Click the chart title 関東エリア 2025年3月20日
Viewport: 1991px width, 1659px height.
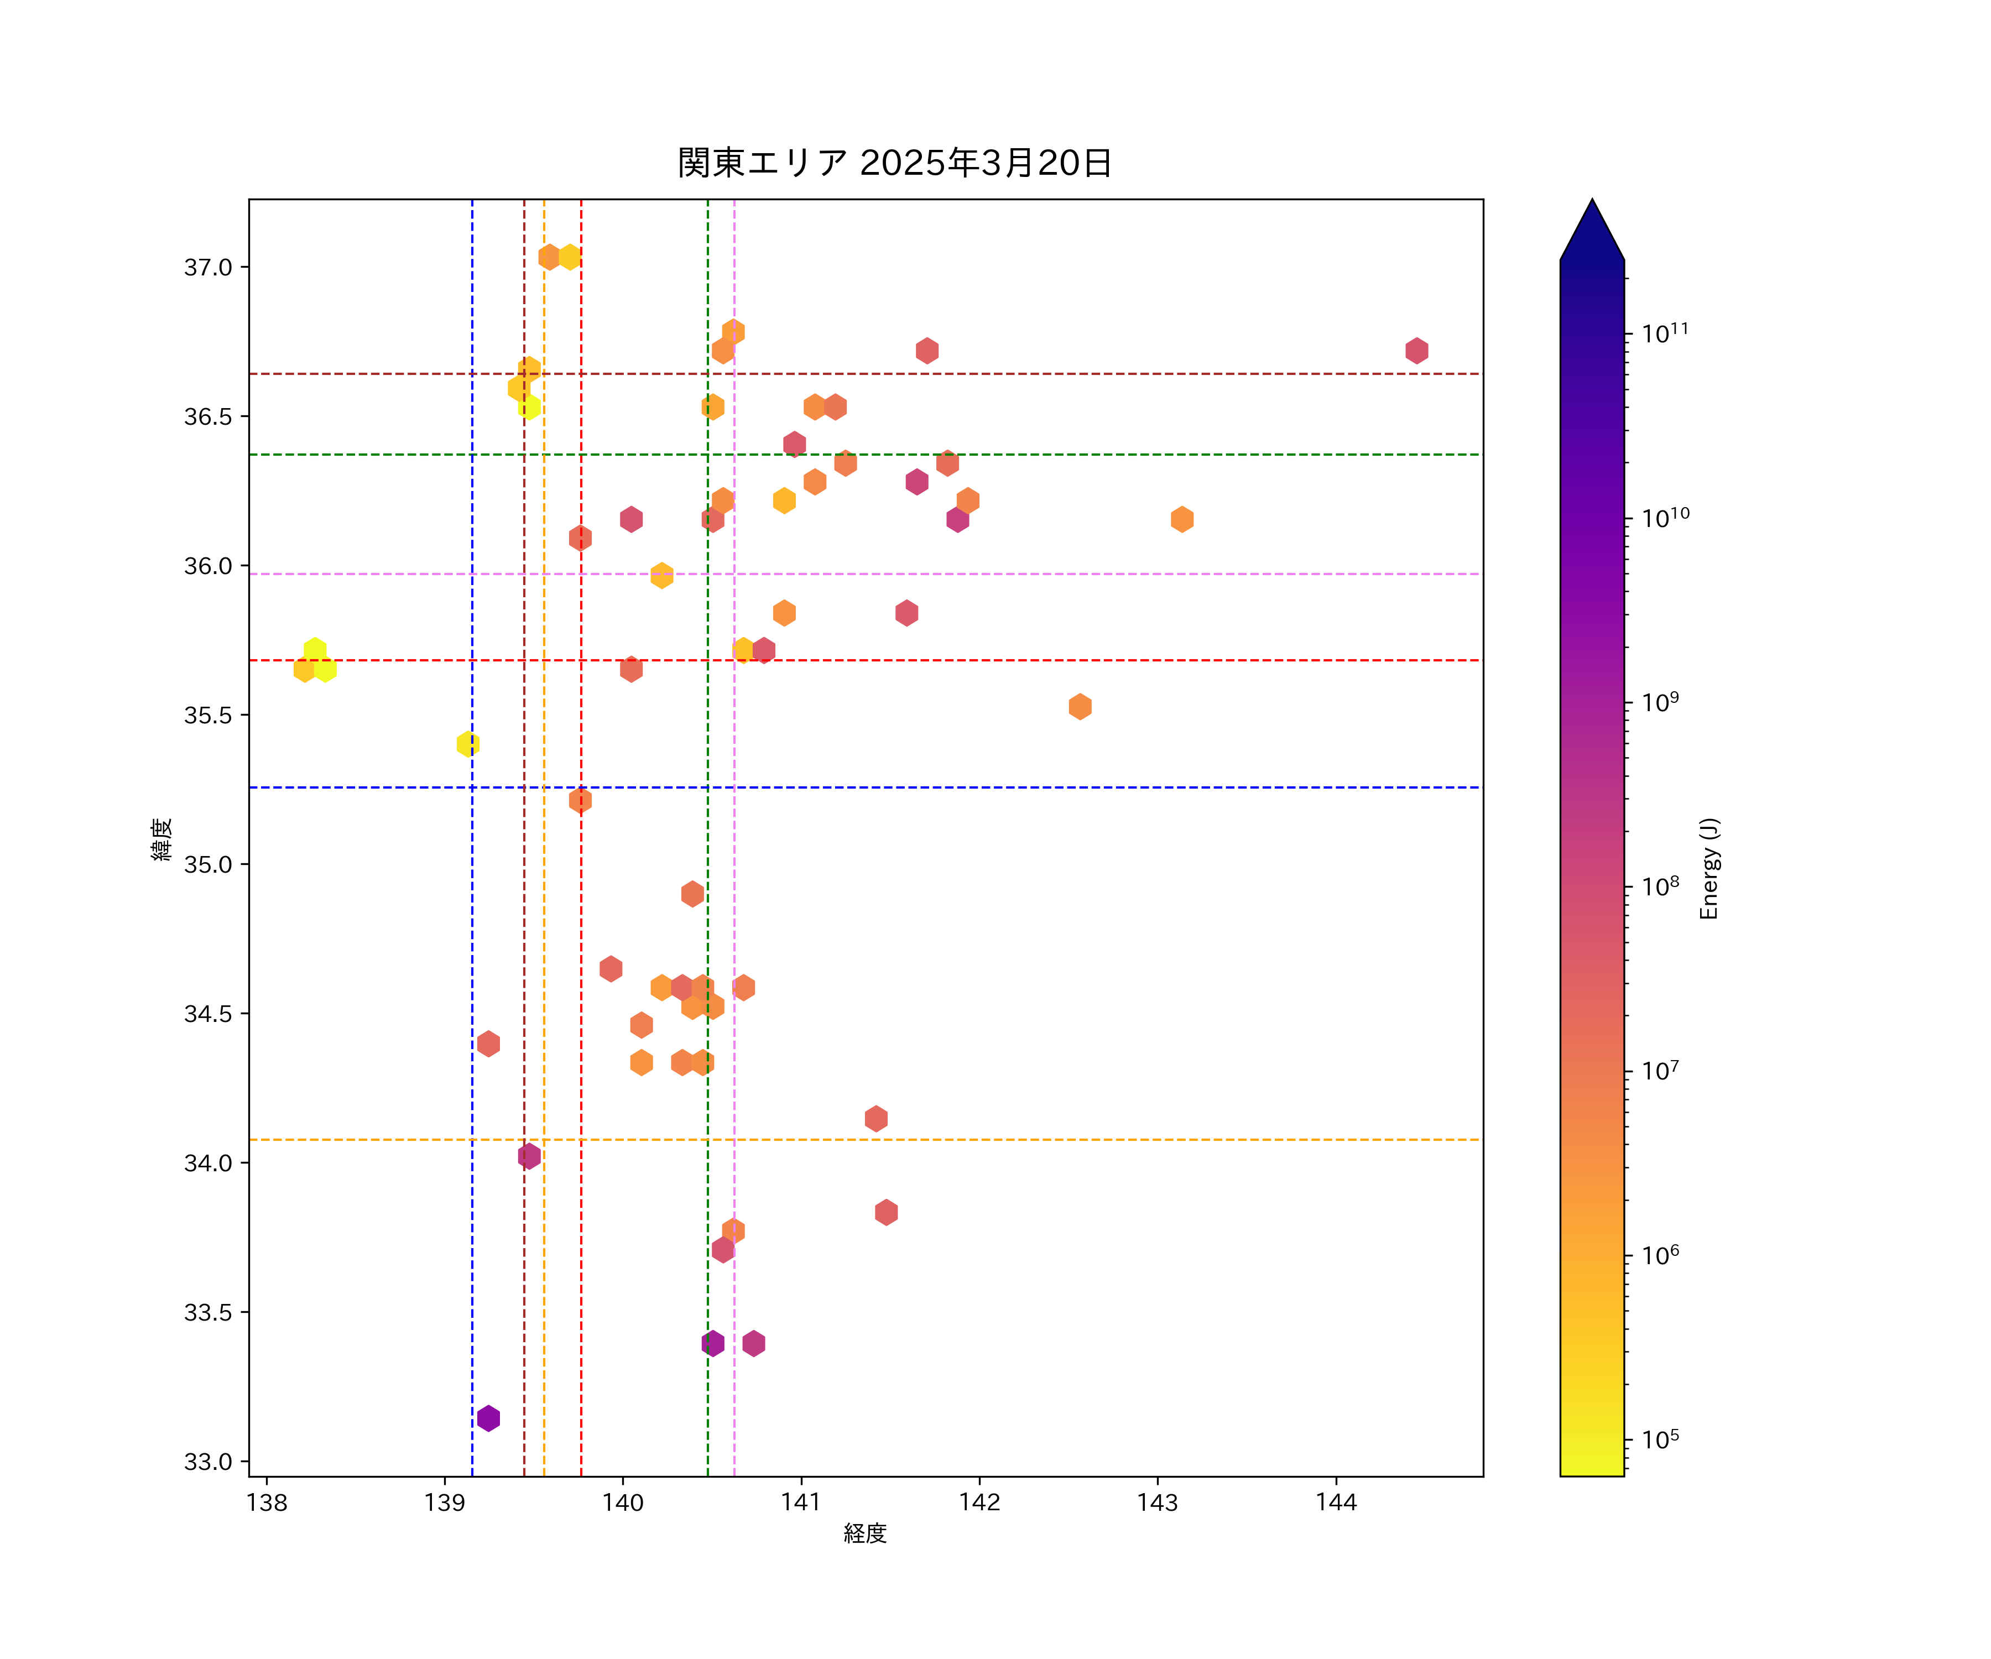(894, 163)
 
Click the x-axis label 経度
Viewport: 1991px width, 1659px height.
(864, 1533)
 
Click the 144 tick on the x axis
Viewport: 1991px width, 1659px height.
(1336, 1503)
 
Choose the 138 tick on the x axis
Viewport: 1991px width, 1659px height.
(267, 1503)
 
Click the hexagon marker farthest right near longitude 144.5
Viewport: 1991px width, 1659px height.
(1416, 351)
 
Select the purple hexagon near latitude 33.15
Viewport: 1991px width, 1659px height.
(488, 1418)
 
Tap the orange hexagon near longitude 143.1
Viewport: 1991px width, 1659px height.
(1181, 519)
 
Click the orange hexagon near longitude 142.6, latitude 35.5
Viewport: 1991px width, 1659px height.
(1080, 706)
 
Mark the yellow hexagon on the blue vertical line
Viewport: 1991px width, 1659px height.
(467, 744)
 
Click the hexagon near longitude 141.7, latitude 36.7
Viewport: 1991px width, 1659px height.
(927, 351)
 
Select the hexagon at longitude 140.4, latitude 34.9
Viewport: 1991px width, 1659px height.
(692, 894)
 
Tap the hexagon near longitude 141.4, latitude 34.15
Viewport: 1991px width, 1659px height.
(876, 1119)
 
